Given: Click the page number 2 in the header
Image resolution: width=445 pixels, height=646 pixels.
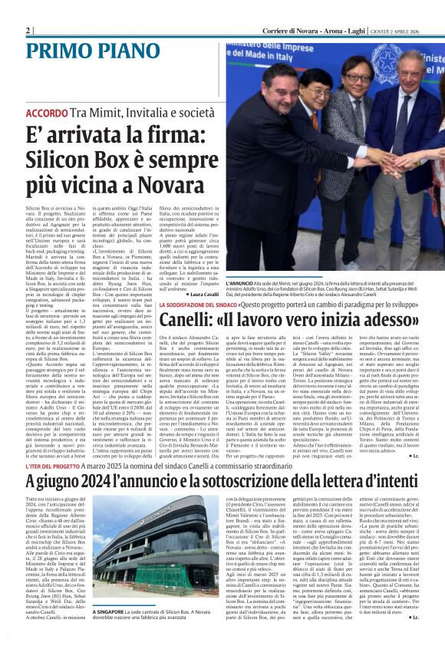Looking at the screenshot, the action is pyautogui.click(x=28, y=30).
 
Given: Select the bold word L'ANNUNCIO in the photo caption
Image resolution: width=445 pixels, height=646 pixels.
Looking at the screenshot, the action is pyautogui.click(x=239, y=283).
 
